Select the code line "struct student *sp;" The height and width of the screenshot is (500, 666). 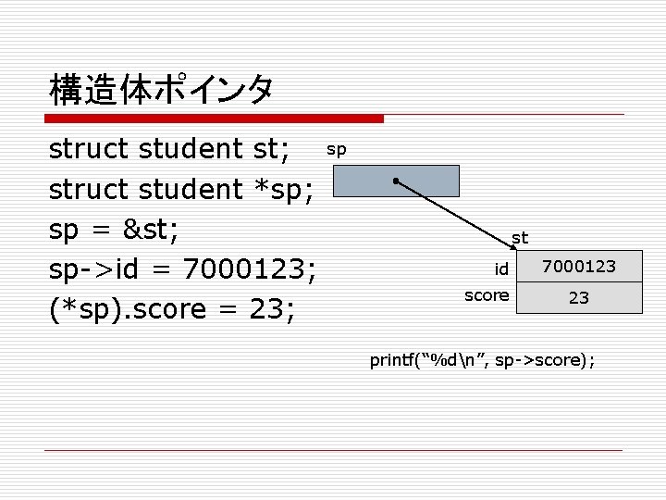(181, 189)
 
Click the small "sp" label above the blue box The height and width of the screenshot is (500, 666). (337, 149)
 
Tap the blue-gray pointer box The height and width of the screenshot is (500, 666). (396, 181)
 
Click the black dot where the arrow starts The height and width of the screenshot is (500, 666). (395, 180)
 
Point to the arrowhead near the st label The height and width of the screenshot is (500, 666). (512, 246)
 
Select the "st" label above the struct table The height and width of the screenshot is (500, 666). (520, 238)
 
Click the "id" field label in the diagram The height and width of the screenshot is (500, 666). (500, 269)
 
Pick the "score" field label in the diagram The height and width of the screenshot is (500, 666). (486, 295)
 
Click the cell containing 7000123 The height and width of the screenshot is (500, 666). (578, 268)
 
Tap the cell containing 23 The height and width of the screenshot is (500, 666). (578, 298)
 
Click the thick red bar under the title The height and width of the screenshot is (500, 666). (214, 119)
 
